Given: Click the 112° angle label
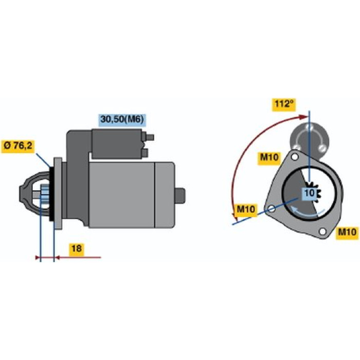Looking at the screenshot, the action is point(284,105).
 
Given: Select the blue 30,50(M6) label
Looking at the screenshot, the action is point(122,120).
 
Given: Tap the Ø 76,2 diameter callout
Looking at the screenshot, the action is point(18,146).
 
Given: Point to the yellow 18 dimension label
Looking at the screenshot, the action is point(77,249).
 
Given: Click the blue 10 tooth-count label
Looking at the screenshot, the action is point(310,193).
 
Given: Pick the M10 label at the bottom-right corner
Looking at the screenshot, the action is point(347,233).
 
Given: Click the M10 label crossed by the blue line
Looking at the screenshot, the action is point(246,210).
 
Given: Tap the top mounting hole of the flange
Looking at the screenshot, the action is point(294,157).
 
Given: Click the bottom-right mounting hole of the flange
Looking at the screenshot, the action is point(322,231).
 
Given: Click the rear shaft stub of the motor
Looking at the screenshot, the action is point(180,195).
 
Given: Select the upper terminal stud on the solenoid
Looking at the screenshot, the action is point(150,137).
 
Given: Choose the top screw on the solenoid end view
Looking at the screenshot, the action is point(309,127).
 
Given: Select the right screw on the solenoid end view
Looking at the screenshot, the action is point(322,148).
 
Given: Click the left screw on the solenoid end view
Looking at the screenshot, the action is point(297,147).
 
